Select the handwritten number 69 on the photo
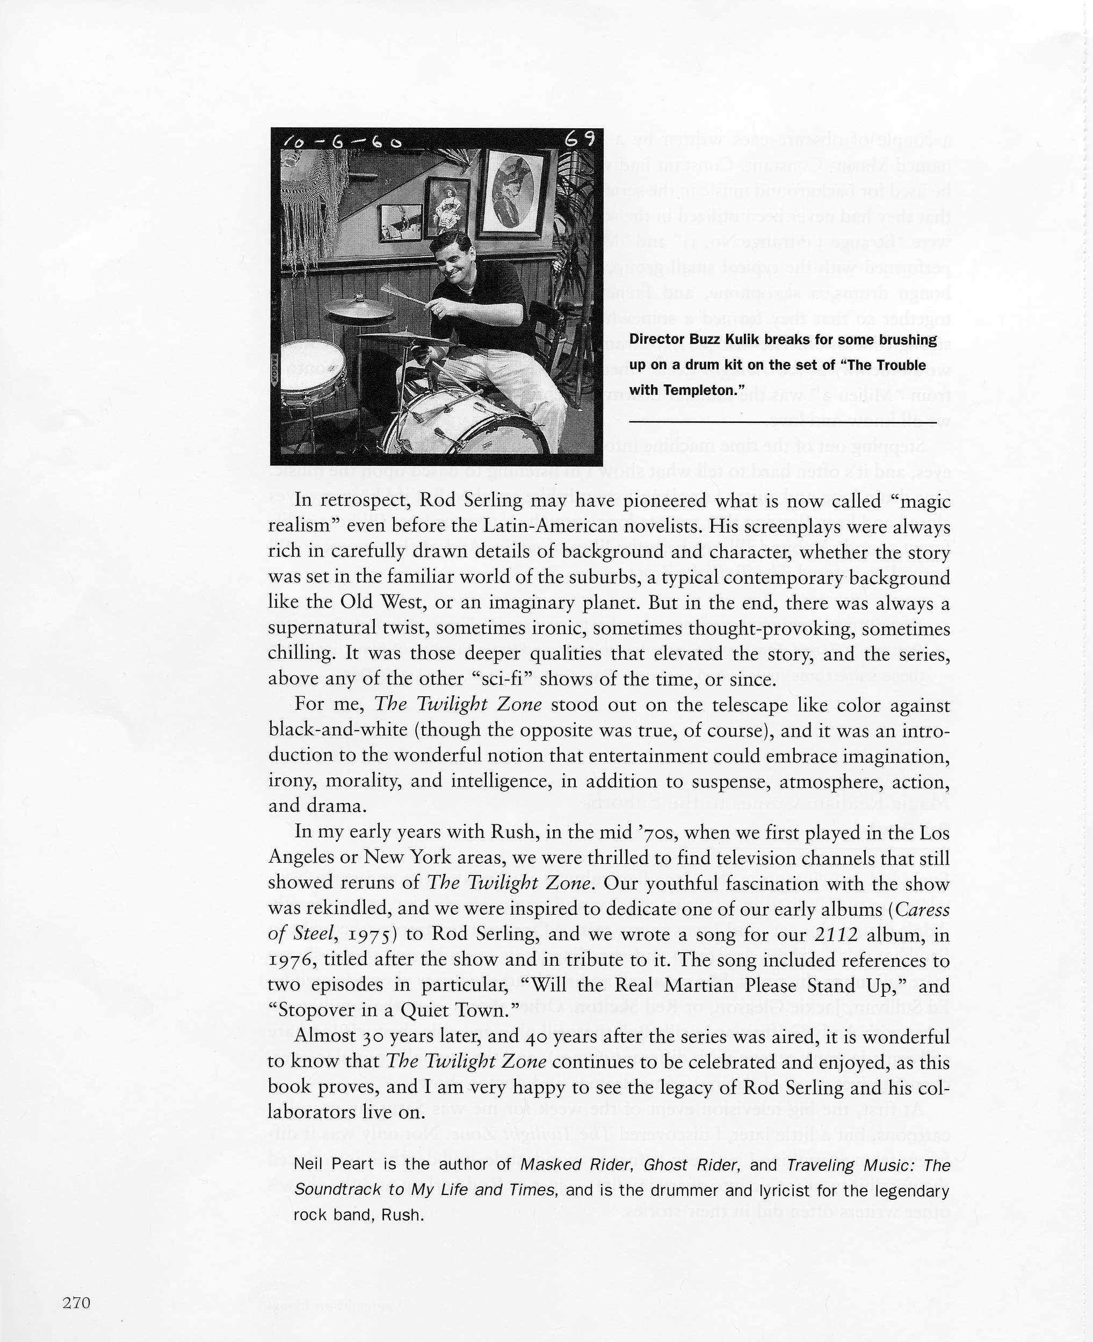[x=578, y=139]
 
